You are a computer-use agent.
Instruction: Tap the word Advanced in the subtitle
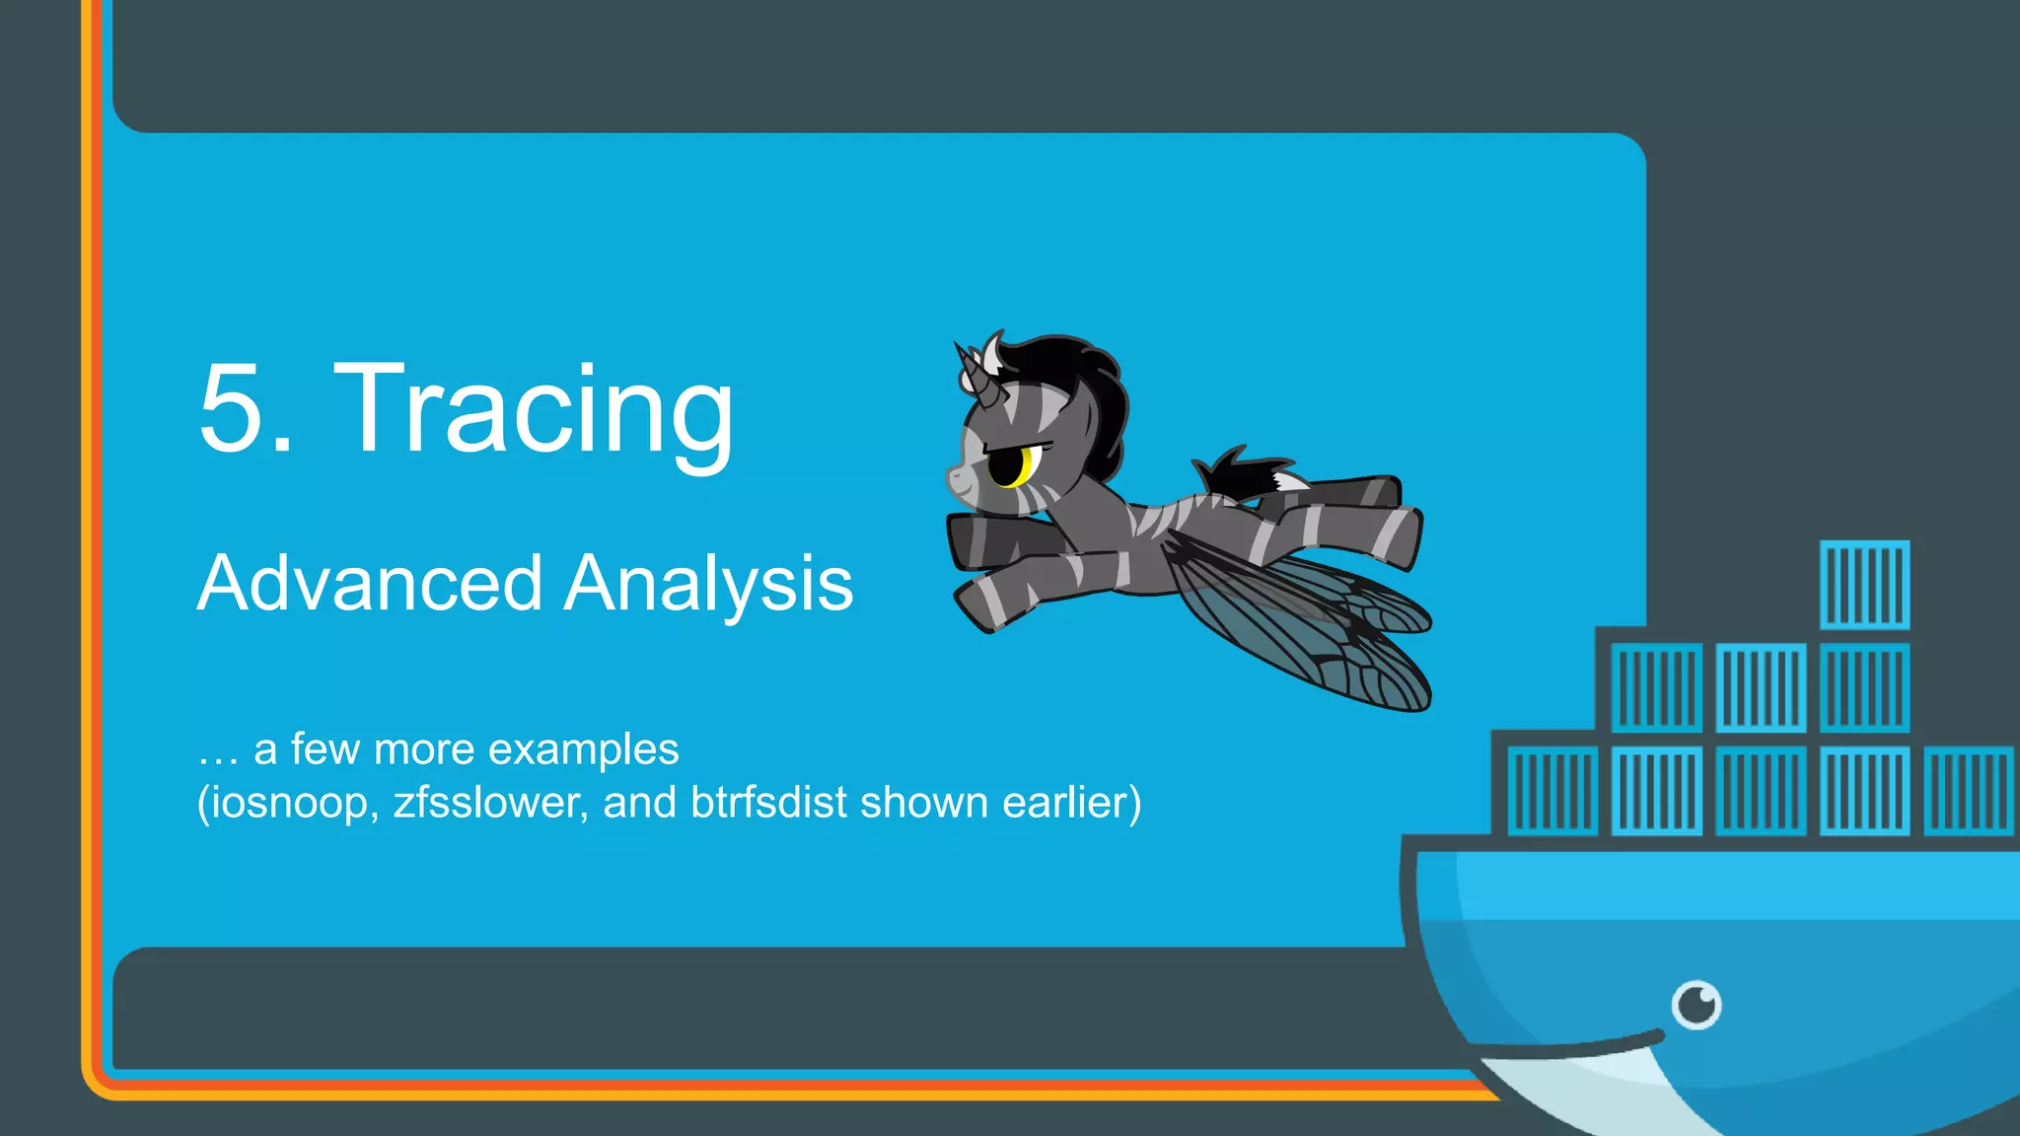pyautogui.click(x=369, y=584)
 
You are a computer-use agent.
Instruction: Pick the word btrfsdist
pyautogui.click(x=768, y=803)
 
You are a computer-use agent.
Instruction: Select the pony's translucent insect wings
pyautogui.click(x=1312, y=631)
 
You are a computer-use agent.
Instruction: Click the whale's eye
pyautogui.click(x=1696, y=1005)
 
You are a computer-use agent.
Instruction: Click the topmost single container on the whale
pyautogui.click(x=1864, y=585)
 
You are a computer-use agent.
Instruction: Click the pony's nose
pyautogui.click(x=955, y=479)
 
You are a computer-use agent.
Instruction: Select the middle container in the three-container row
pyautogui.click(x=1761, y=687)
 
